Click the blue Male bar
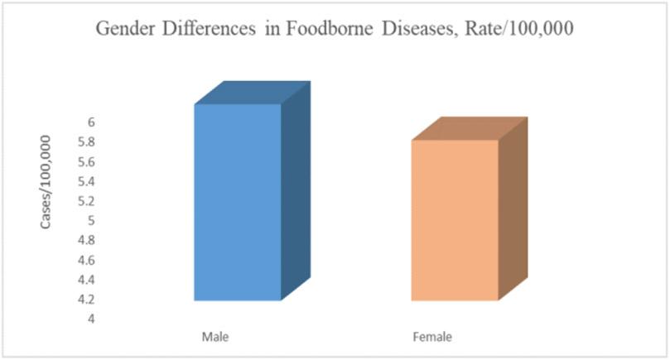click(237, 202)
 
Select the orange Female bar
click(455, 220)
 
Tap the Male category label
click(215, 338)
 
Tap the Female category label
click(432, 338)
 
